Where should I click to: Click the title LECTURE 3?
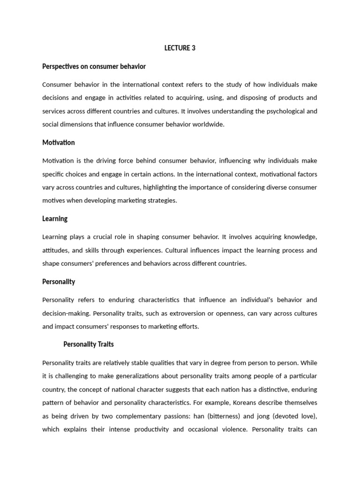click(x=180, y=48)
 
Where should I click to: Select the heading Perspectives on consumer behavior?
click(x=94, y=67)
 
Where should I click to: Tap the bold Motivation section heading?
click(x=59, y=142)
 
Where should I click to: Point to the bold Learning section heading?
click(x=55, y=218)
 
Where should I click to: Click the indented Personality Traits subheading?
click(x=89, y=345)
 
